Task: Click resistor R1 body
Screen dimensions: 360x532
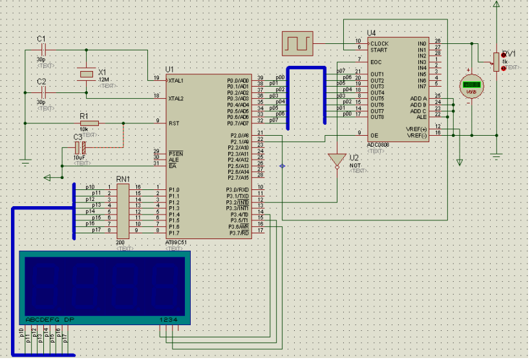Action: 89,123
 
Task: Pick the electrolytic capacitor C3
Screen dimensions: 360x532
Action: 80,148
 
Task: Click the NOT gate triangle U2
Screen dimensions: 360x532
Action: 336,160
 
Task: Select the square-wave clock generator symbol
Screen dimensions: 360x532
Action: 297,44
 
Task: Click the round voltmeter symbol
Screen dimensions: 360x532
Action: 473,85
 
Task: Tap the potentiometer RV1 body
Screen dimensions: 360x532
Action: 496,61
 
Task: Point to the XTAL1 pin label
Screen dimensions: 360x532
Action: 176,81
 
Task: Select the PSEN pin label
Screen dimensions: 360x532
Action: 175,154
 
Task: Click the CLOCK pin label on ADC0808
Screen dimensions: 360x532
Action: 379,44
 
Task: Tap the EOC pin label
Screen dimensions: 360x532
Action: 376,62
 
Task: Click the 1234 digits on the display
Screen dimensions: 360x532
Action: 168,320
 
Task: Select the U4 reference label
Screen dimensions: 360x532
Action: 371,33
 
